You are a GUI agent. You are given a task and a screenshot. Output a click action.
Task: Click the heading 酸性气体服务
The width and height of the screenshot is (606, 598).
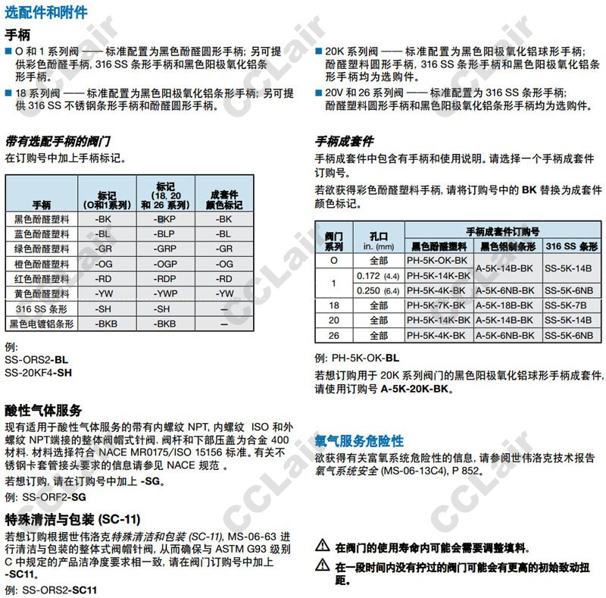[x=43, y=410]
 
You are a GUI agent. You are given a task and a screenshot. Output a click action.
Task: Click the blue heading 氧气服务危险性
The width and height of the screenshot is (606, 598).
[x=359, y=440]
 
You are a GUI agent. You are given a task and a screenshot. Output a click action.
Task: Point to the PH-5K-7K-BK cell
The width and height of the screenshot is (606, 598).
[x=438, y=305]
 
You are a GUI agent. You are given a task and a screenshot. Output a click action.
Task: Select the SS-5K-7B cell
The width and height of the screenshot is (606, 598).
[x=569, y=305]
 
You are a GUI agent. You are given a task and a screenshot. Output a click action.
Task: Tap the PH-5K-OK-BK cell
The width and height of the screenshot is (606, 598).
[x=438, y=261]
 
